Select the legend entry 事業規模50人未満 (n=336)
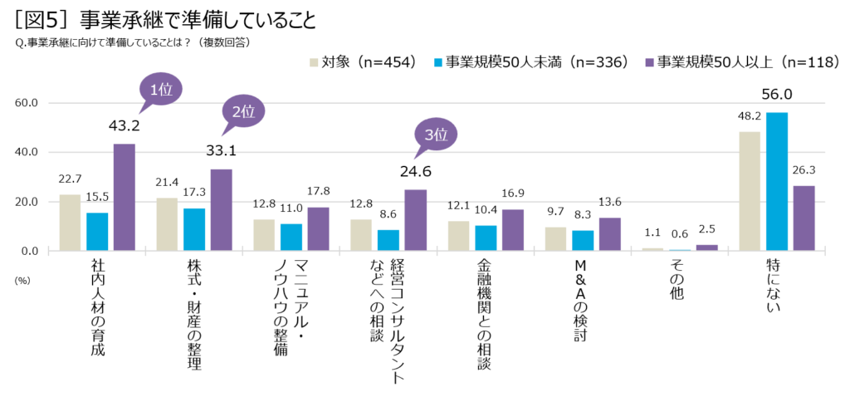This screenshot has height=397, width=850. coord(532,61)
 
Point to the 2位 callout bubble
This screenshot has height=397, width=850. coord(242,111)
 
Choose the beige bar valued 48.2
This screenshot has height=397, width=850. coord(750,191)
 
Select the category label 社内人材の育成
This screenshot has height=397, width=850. coord(98,307)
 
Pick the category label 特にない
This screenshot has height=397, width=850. coord(775,287)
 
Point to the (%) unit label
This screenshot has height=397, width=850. coord(22,280)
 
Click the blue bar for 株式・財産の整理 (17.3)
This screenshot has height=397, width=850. coord(193,229)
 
